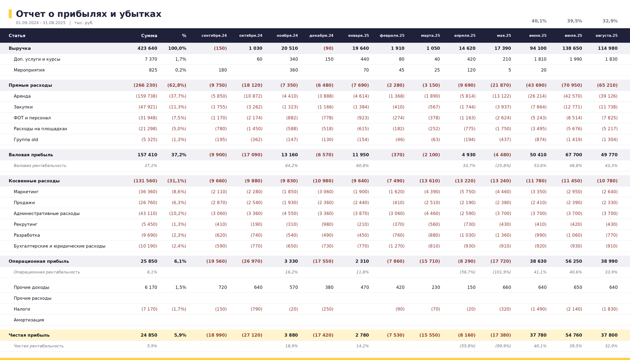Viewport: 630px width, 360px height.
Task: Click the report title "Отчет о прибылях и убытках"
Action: [x=88, y=14]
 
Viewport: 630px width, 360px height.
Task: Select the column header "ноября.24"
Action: [x=287, y=36]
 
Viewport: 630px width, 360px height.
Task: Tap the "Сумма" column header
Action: [x=149, y=36]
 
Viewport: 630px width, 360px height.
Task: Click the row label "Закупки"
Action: [x=23, y=107]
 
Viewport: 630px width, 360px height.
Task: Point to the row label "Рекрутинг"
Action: [x=26, y=224]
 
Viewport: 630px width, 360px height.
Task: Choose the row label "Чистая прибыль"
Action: [x=29, y=335]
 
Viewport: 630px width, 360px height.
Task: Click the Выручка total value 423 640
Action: [x=147, y=48]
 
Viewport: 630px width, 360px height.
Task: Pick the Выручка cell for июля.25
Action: [x=572, y=48]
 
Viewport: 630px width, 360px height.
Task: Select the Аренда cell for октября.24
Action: [x=253, y=96]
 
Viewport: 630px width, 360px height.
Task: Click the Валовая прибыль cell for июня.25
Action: [x=538, y=155]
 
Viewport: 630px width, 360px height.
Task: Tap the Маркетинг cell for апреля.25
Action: [x=468, y=192]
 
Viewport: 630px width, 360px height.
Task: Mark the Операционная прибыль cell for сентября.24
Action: [x=216, y=261]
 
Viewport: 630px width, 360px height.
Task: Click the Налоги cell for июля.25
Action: [x=574, y=309]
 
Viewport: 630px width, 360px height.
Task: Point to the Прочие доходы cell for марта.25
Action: [x=435, y=288]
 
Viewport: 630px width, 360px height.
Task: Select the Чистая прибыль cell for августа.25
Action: [x=609, y=335]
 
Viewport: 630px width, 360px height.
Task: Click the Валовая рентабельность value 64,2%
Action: [x=292, y=166]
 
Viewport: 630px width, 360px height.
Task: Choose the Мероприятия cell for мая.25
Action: [x=510, y=70]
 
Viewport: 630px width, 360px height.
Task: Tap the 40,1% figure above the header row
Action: [x=539, y=21]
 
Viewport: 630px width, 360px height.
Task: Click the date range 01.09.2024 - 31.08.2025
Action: [x=41, y=23]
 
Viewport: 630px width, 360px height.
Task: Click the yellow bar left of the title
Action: [x=10, y=14]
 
